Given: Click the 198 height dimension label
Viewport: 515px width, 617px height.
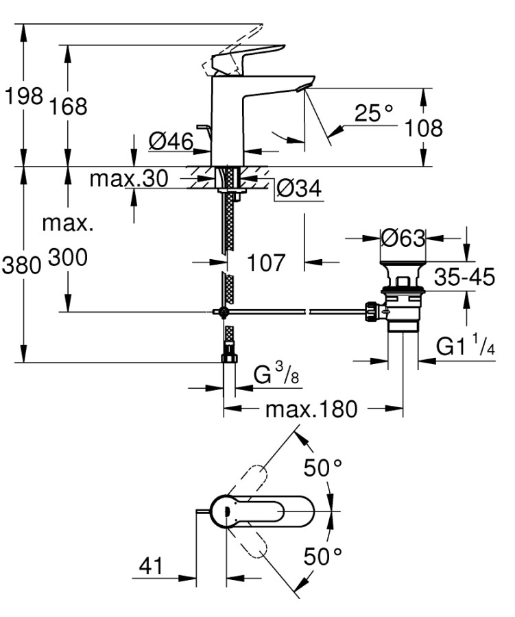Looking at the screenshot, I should pyautogui.click(x=24, y=96).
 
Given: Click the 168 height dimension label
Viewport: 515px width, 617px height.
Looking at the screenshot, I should pyautogui.click(x=68, y=106).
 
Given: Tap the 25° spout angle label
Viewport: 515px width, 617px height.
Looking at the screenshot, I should pyautogui.click(x=374, y=112).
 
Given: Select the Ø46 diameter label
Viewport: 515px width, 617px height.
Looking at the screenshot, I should pyautogui.click(x=170, y=142).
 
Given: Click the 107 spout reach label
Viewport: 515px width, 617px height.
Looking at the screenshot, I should pyautogui.click(x=265, y=262).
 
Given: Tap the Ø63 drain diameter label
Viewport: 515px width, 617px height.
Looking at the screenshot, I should pyautogui.click(x=403, y=238).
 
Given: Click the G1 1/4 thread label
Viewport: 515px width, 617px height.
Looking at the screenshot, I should pyautogui.click(x=466, y=348).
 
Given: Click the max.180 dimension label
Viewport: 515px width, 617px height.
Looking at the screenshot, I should pyautogui.click(x=311, y=409).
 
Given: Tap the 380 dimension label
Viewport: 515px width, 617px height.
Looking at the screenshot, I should pyautogui.click(x=24, y=265).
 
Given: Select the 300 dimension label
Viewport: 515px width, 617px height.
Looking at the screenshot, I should pyautogui.click(x=68, y=258).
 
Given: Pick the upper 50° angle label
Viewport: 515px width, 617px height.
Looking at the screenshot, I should pyautogui.click(x=323, y=468).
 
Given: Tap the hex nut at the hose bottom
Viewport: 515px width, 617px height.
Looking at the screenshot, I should pyautogui.click(x=227, y=357).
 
